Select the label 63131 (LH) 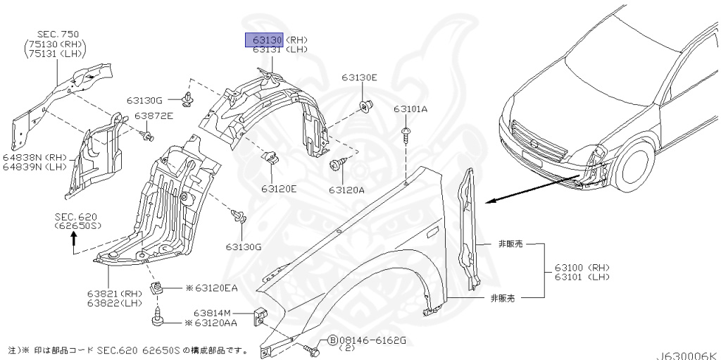point(276,50)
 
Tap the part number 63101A point(410,109)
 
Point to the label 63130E point(360,77)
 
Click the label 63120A point(346,190)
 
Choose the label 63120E point(279,189)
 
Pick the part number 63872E point(153,116)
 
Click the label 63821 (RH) point(114,293)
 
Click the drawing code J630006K point(689,355)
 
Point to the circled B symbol point(332,340)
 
